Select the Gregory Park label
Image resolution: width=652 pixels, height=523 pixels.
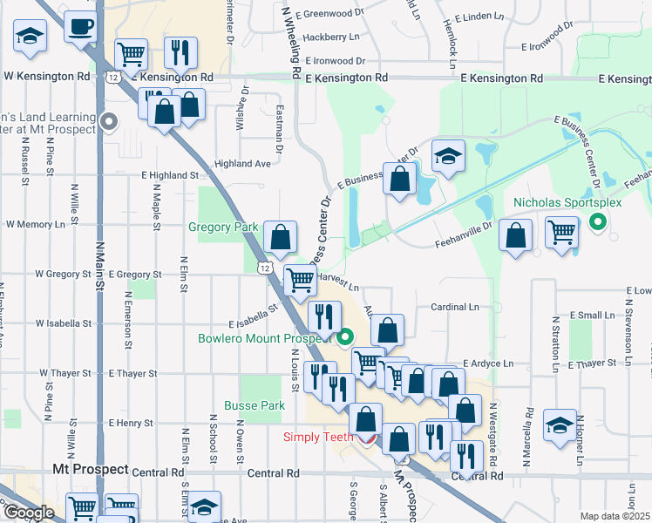point(223,227)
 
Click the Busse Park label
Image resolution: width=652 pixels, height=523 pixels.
point(255,405)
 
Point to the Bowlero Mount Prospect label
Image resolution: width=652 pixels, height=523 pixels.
point(266,338)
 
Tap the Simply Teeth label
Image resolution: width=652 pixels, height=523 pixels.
point(316,437)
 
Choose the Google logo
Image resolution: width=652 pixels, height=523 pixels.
point(29,513)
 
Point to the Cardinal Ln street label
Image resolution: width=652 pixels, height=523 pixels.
point(455,307)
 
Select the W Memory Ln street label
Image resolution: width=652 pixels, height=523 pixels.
point(36,224)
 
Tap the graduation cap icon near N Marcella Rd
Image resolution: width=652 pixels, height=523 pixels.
point(559,425)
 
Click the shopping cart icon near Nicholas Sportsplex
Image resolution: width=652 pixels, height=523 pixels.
point(562,233)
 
